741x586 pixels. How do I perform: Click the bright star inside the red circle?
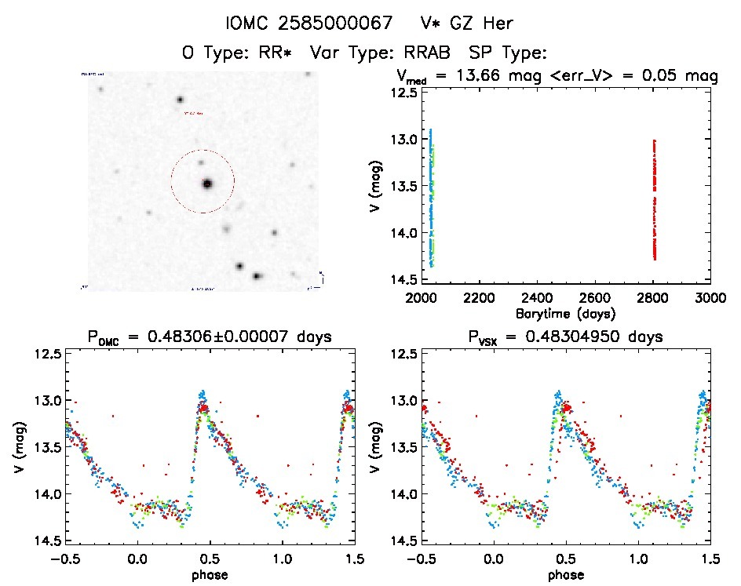[207, 184]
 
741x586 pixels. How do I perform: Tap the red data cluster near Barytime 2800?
[654, 200]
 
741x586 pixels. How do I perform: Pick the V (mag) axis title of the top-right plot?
[370, 188]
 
